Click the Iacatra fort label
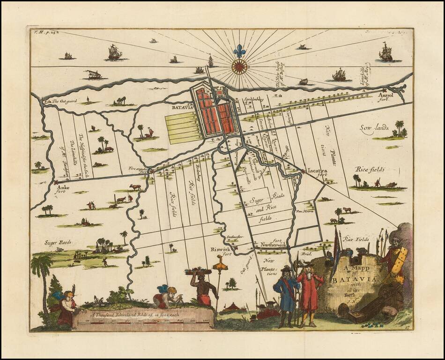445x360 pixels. [x=317, y=172]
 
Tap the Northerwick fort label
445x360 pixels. [x=275, y=245]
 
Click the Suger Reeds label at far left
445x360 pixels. [x=58, y=242]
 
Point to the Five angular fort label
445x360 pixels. [x=139, y=170]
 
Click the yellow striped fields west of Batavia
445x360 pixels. [x=184, y=127]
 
